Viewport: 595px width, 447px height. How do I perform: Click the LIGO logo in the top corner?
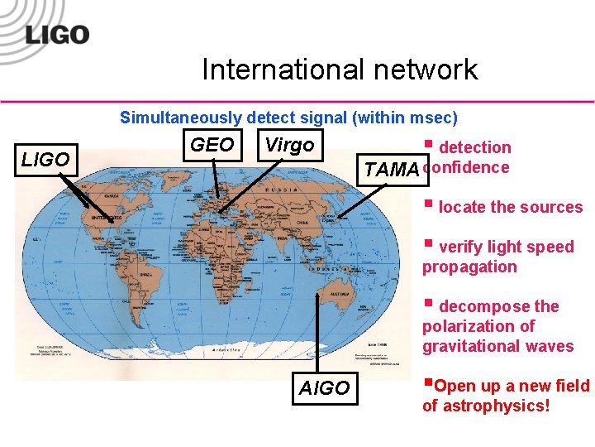pos(56,35)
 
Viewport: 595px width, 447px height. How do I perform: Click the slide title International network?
pos(340,70)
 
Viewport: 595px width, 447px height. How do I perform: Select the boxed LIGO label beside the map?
pos(45,159)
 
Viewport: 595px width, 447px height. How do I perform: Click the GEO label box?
pos(212,145)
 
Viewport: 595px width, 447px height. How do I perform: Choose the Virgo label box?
pos(289,145)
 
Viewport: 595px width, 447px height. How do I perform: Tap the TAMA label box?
pos(392,170)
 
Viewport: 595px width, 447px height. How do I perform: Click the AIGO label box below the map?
pos(324,388)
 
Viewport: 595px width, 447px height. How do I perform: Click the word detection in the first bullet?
pos(475,147)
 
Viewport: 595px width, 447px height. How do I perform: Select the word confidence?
pos(466,167)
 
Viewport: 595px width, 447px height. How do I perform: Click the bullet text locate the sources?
pos(511,207)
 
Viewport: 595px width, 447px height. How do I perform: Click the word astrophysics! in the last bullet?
pos(497,406)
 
